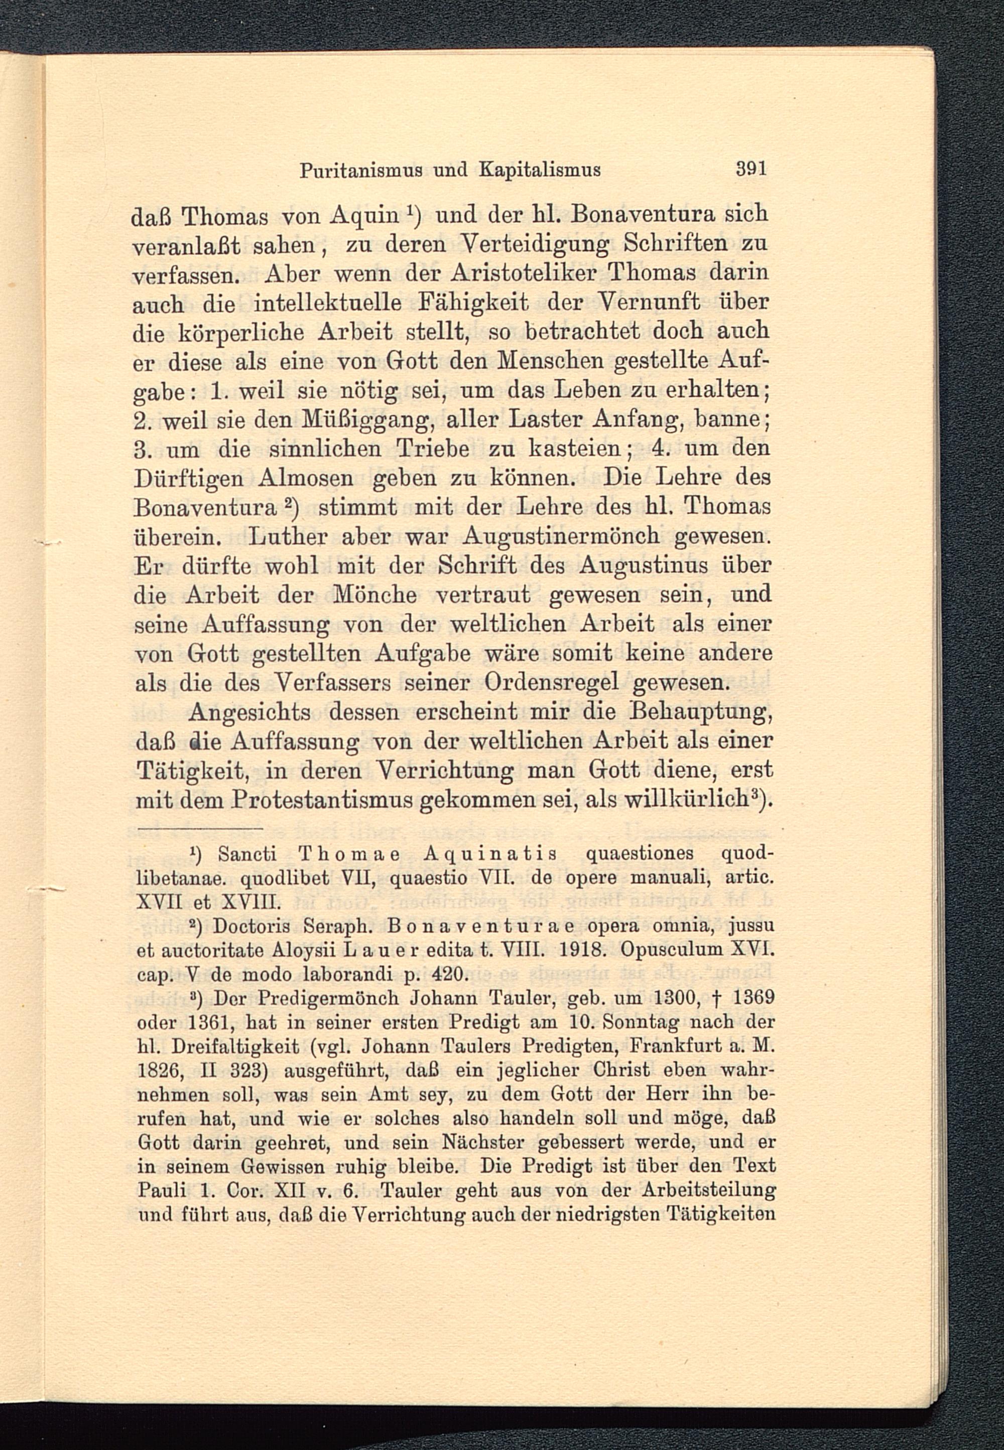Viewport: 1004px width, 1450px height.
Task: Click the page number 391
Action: pos(751,169)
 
